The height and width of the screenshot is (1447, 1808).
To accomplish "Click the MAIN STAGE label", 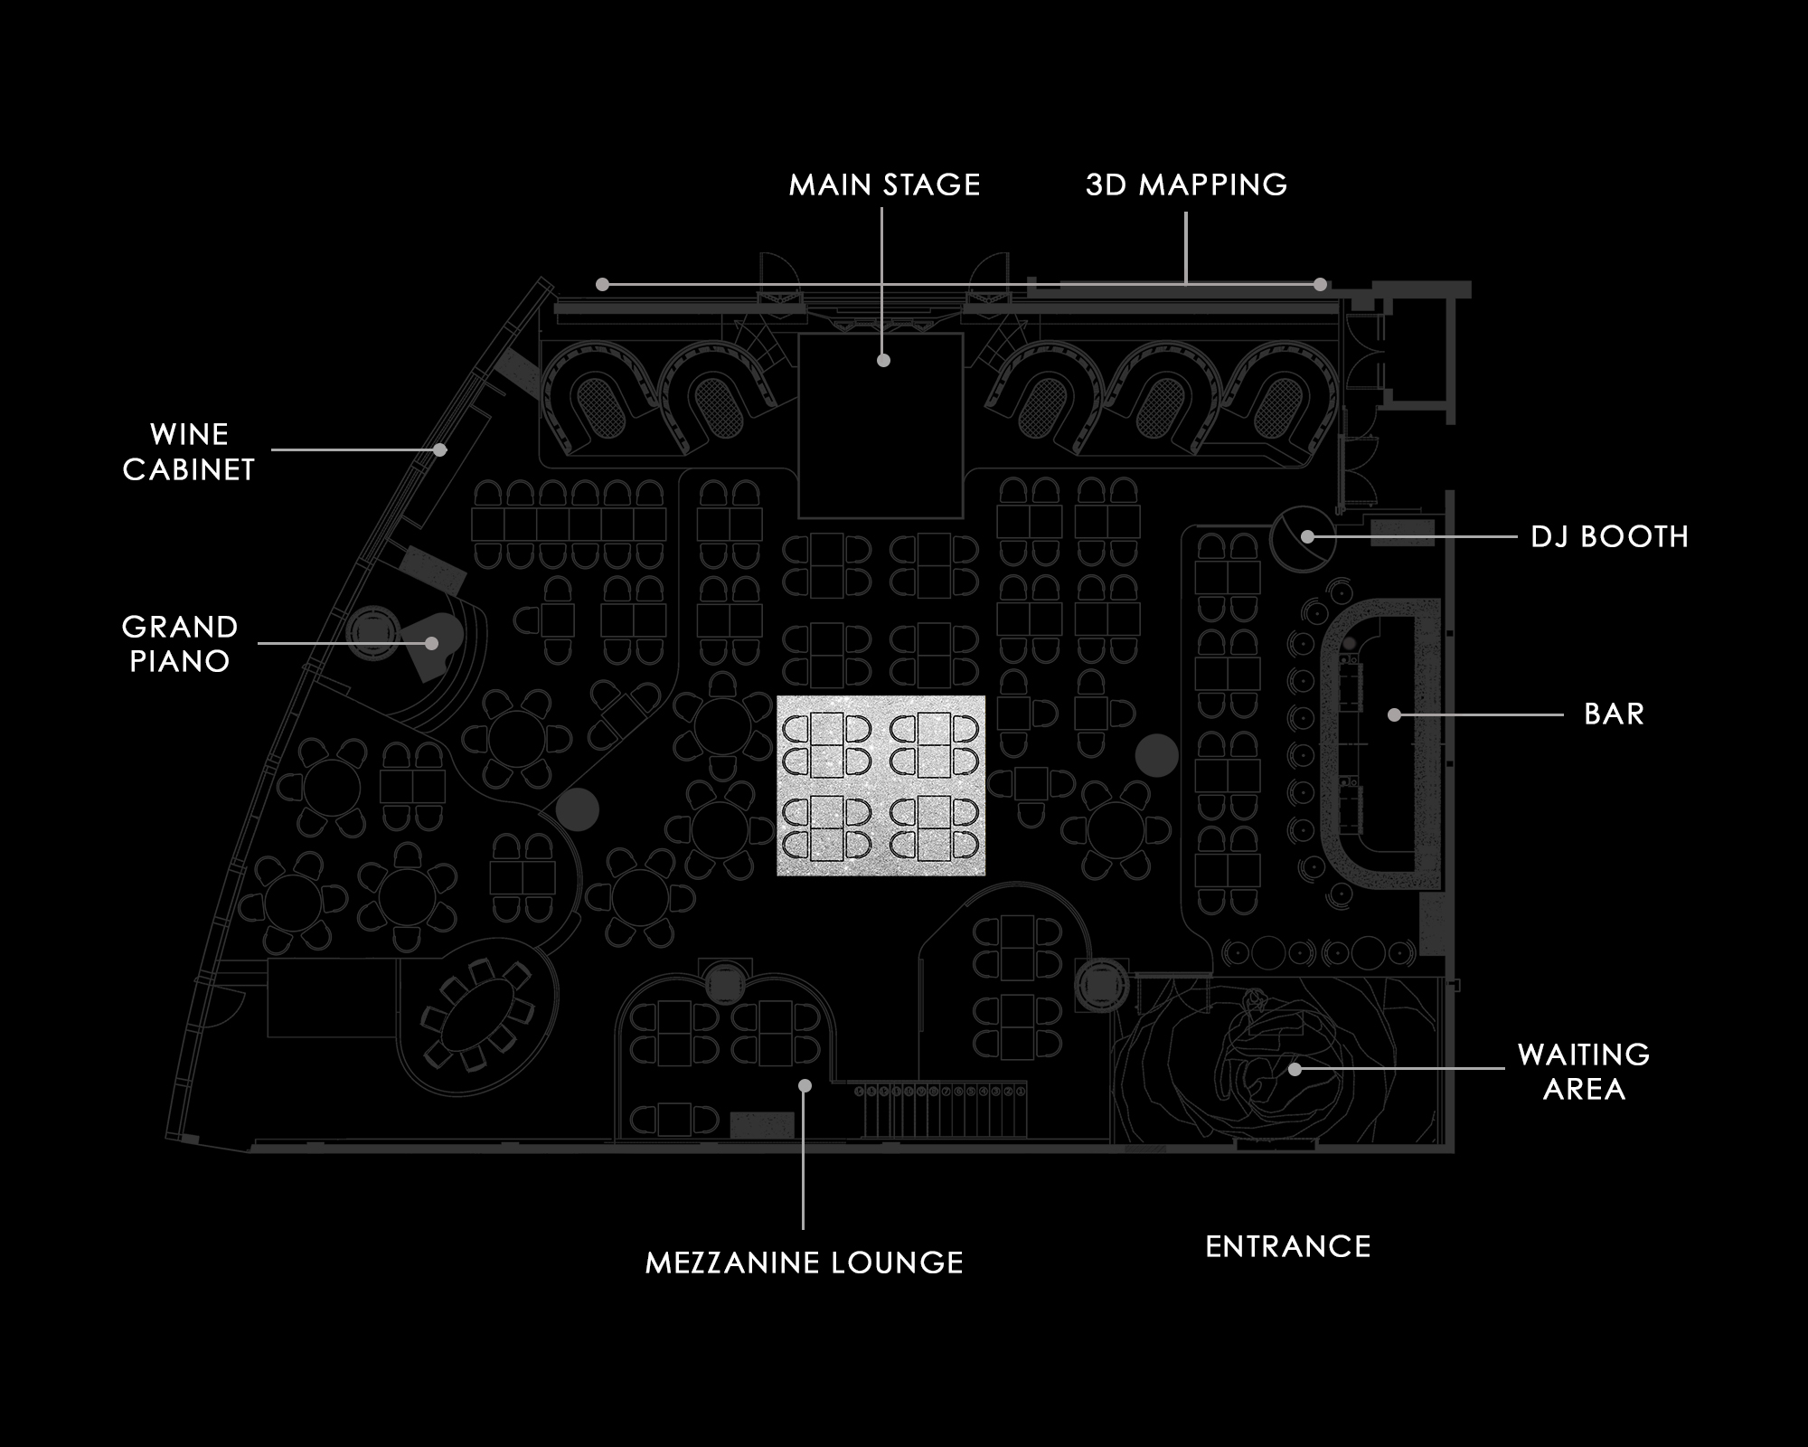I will (884, 184).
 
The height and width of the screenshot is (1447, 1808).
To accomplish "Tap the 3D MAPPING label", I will (1186, 184).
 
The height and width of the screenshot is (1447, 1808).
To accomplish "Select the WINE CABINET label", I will (189, 451).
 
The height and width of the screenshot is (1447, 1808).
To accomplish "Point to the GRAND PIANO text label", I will (180, 643).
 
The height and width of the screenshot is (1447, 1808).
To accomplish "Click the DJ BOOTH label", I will (1609, 536).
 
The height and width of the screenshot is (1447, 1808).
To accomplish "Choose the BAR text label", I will (1614, 714).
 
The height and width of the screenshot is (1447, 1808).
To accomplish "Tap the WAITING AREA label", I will (1584, 1071).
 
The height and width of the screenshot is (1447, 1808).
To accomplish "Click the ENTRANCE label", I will (1288, 1246).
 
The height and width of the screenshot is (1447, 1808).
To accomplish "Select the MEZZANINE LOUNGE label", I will (804, 1263).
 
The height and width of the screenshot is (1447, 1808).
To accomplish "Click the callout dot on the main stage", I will (884, 360).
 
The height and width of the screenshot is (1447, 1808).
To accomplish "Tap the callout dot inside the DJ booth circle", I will (1307, 536).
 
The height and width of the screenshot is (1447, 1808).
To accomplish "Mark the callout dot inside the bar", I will (1394, 714).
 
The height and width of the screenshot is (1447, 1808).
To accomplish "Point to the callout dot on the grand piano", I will (432, 643).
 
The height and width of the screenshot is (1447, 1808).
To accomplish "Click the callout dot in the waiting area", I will (1295, 1069).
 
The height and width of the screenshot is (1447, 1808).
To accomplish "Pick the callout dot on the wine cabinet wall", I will (439, 449).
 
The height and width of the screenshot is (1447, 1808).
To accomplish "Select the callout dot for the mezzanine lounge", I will (805, 1085).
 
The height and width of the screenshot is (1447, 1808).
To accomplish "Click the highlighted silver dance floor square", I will (880, 785).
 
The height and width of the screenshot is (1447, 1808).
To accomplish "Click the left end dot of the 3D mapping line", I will (602, 285).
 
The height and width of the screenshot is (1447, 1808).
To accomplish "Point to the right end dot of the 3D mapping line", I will (1320, 285).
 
